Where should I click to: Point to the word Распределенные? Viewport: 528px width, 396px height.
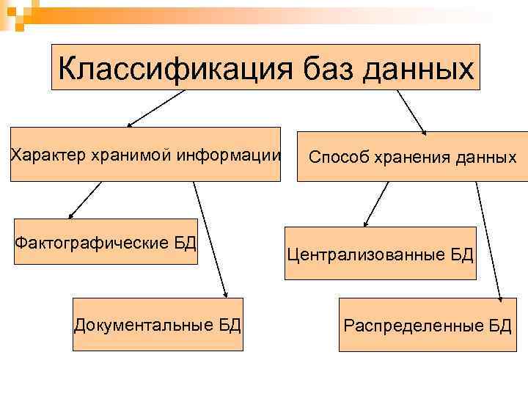coord(414,326)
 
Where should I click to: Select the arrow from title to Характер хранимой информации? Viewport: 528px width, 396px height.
coord(155,109)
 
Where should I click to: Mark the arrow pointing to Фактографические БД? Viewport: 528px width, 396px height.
coord(84,200)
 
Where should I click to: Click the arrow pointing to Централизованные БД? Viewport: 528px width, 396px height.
coord(376,203)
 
